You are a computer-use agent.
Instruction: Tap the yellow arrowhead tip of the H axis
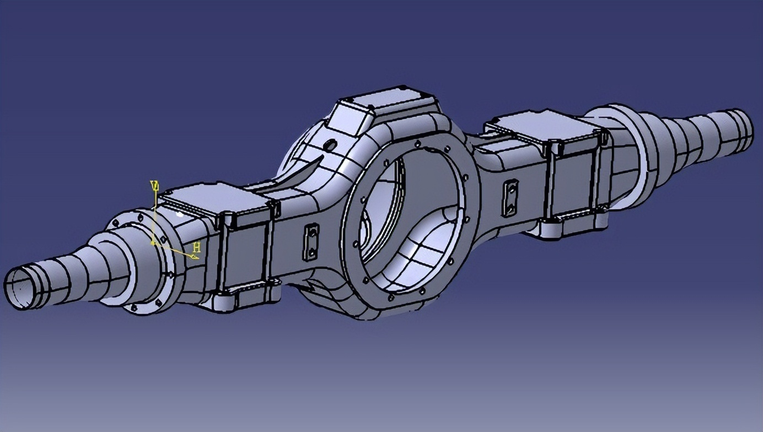tap(195, 256)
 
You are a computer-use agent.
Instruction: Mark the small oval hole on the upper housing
tap(331, 145)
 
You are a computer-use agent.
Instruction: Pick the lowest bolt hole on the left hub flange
tap(134, 307)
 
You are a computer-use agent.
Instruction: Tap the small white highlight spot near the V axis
tap(179, 214)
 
